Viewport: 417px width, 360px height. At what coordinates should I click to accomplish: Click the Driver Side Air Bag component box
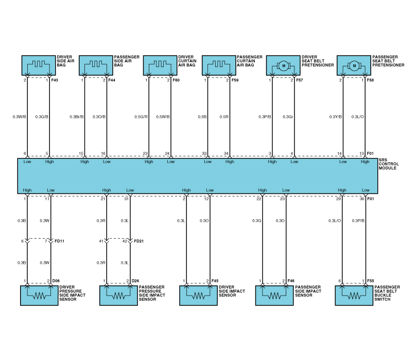point(38,65)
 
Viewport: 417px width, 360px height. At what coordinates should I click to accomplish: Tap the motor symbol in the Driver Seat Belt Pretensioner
point(283,65)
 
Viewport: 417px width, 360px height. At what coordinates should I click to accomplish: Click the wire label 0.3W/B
point(19,117)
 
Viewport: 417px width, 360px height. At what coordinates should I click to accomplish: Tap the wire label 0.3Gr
point(288,117)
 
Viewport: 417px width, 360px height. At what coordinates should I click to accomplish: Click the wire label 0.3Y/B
point(336,117)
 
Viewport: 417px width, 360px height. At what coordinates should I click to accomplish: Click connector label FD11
point(59,241)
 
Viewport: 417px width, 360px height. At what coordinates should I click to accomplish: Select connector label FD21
point(139,241)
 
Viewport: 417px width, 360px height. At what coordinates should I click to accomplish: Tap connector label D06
point(57,281)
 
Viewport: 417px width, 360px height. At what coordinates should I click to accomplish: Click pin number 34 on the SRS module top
point(227,154)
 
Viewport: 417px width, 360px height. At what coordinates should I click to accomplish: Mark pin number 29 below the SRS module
point(339,199)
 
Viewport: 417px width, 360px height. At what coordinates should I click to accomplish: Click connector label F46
point(291,281)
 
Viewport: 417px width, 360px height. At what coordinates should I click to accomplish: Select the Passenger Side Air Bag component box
point(96,65)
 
